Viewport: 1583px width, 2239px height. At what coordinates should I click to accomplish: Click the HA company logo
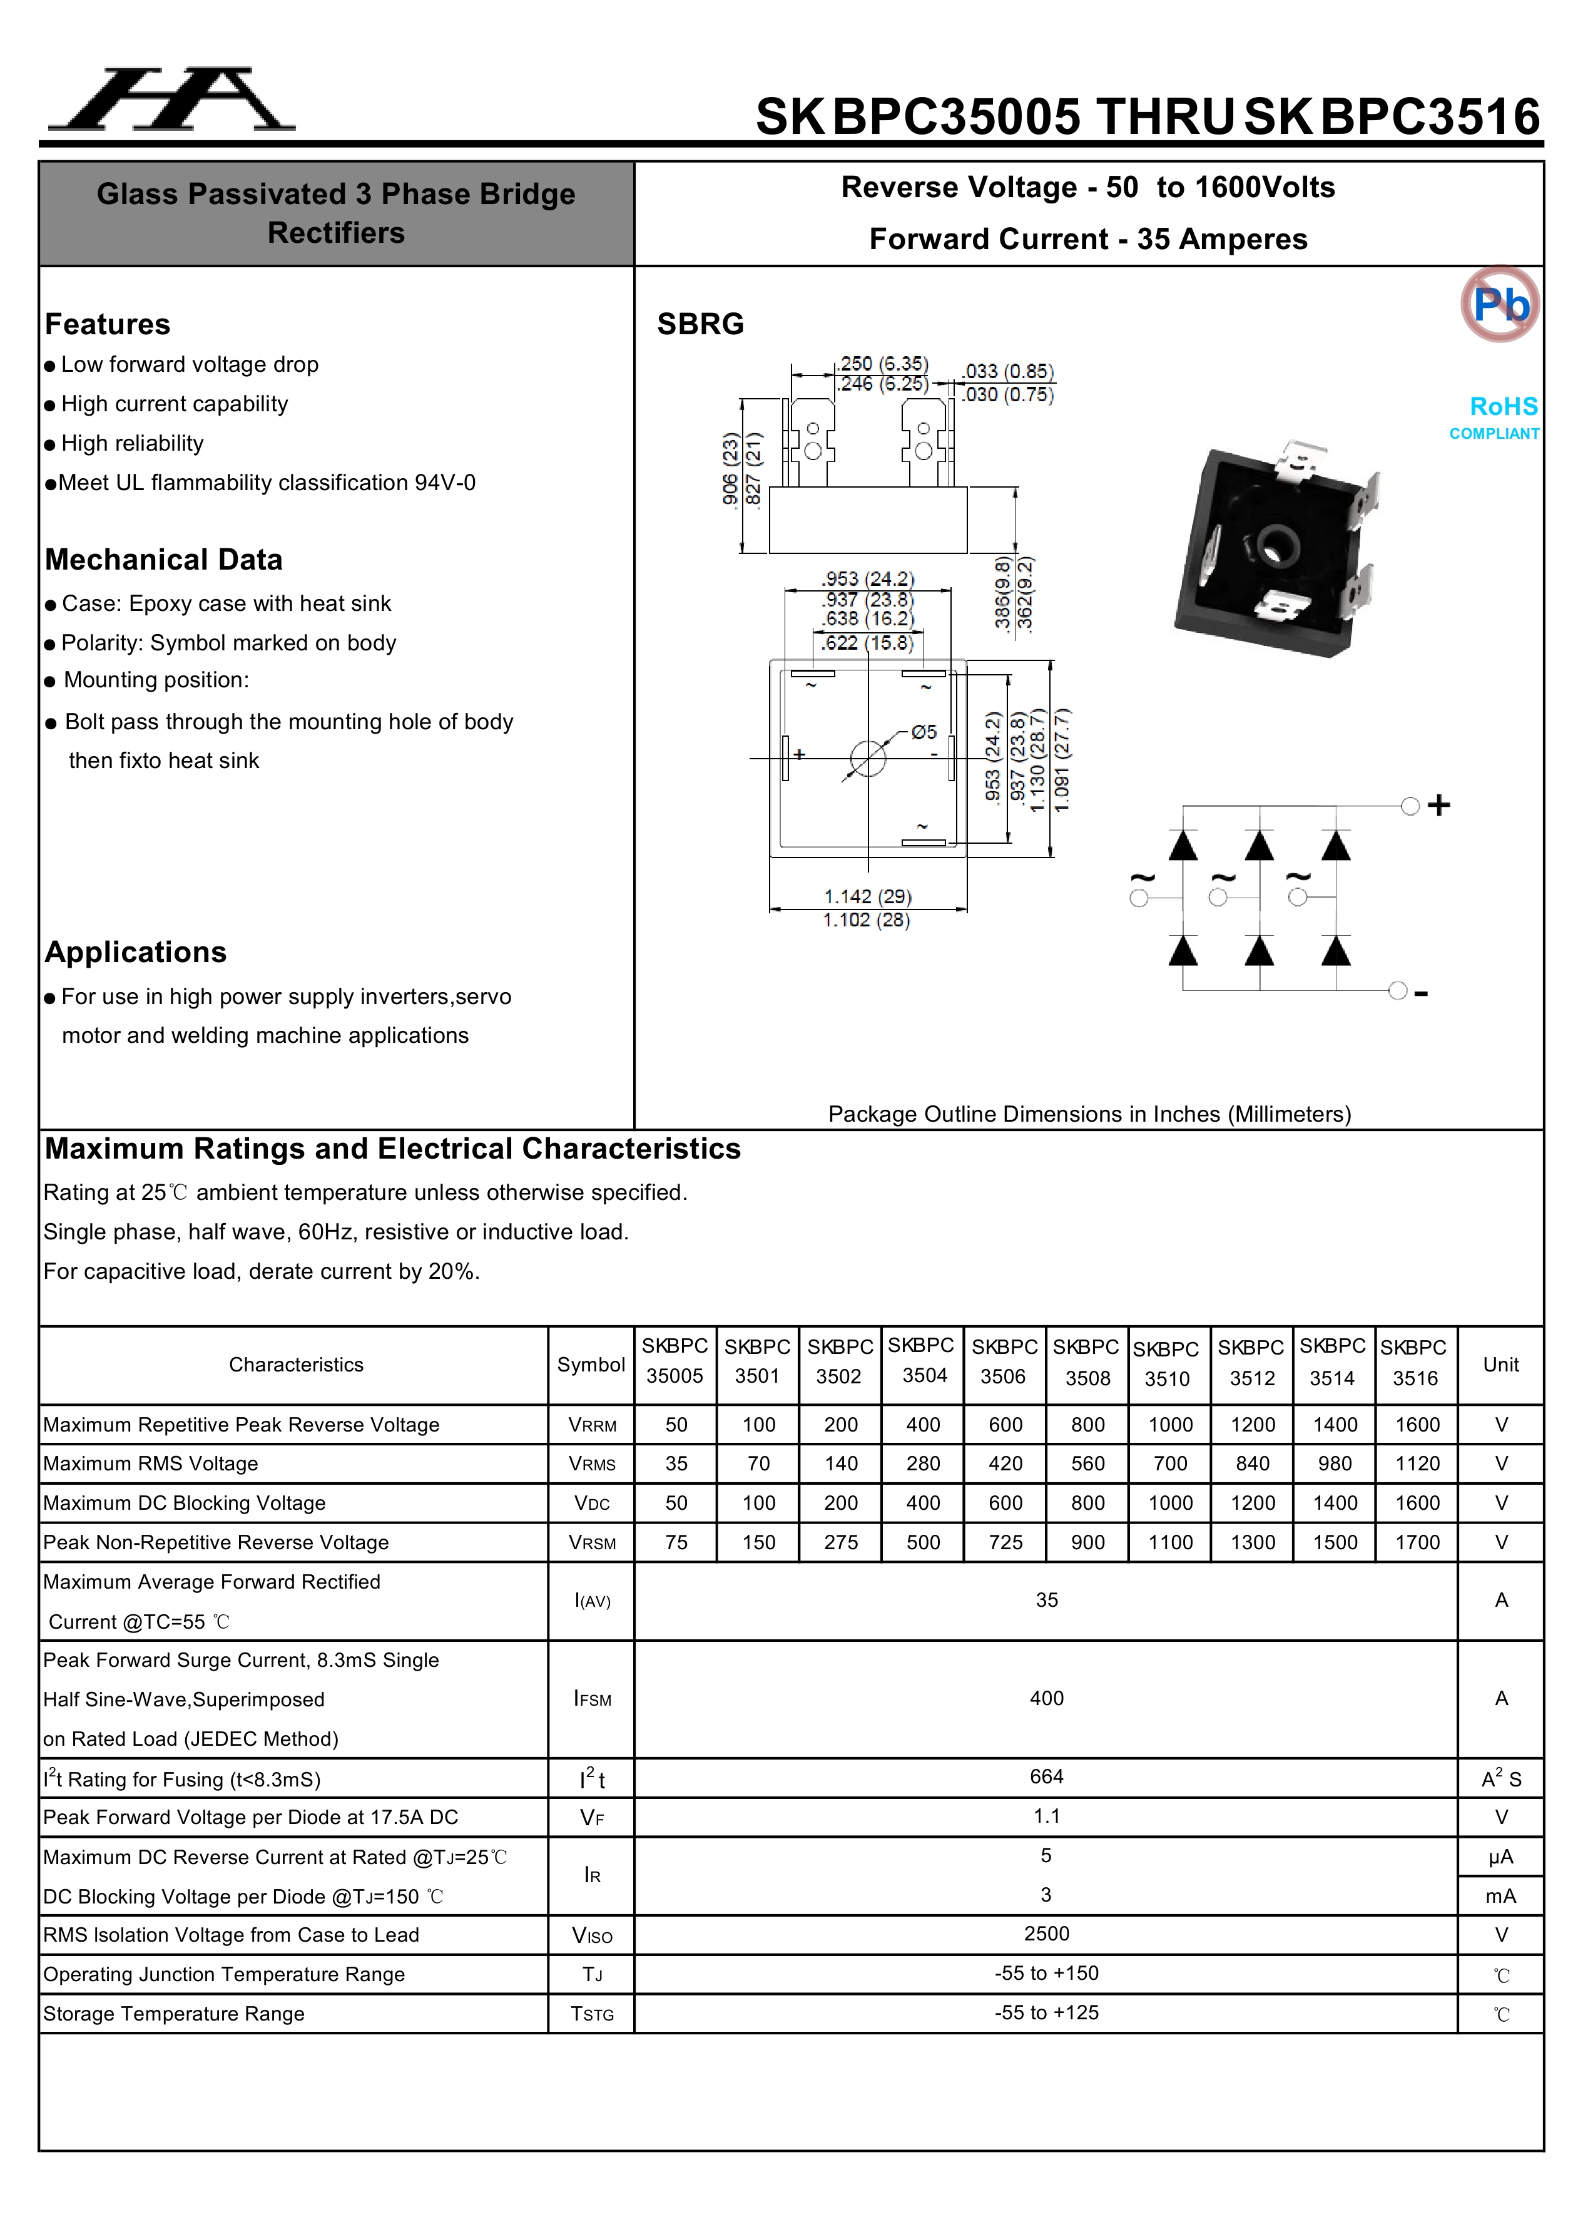point(171,100)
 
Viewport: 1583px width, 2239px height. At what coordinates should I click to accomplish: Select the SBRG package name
point(700,324)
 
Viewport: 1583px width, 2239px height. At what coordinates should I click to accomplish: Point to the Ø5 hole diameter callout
point(923,731)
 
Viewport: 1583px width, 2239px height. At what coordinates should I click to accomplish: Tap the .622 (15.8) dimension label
point(867,643)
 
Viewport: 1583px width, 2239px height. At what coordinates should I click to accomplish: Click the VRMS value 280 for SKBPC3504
point(922,1463)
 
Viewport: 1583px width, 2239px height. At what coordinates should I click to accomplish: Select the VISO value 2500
point(1046,1934)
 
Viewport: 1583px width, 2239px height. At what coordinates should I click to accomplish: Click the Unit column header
point(1500,1365)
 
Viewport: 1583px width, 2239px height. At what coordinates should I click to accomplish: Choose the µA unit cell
point(1500,1857)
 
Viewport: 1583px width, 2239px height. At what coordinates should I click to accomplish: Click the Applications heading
point(136,952)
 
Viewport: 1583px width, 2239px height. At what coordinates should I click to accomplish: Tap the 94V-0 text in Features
point(444,483)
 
